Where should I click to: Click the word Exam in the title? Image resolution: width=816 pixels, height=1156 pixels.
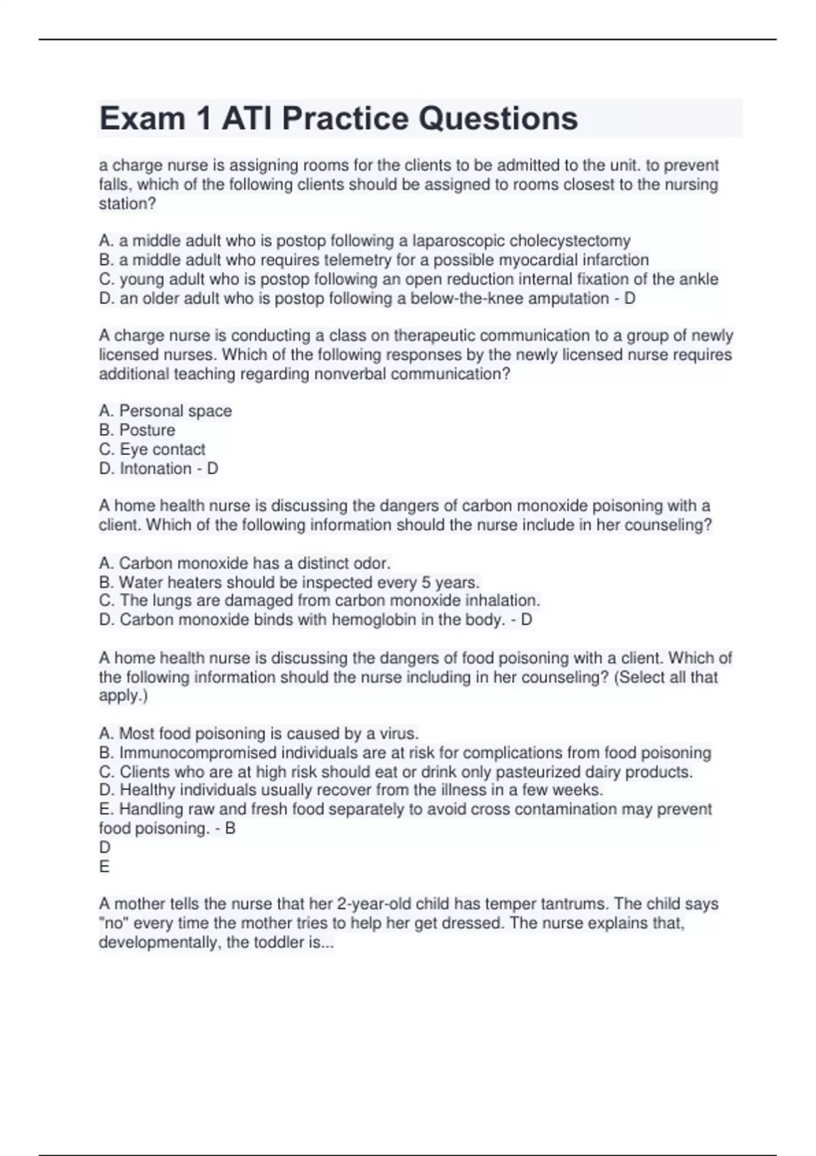pyautogui.click(x=142, y=118)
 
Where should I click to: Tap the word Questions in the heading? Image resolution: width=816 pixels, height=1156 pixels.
pyautogui.click(x=498, y=118)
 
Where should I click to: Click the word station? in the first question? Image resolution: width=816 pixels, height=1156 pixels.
pyautogui.click(x=128, y=203)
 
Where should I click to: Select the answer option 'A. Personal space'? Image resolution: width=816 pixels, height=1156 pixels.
pyautogui.click(x=165, y=411)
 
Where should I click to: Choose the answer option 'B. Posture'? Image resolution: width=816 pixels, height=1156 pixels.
pyautogui.click(x=137, y=430)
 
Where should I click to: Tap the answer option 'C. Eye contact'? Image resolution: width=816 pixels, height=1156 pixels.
pyautogui.click(x=152, y=449)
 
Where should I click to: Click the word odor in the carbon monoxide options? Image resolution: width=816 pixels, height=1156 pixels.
pyautogui.click(x=373, y=563)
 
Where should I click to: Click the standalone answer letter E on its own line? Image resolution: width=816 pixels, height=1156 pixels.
pyautogui.click(x=104, y=866)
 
